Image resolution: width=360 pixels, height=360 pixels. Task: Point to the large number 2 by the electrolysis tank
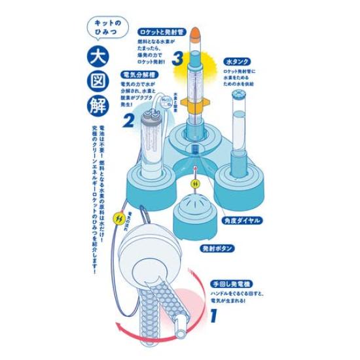tap(128, 121)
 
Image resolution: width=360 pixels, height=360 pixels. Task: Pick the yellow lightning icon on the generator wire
tap(119, 215)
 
